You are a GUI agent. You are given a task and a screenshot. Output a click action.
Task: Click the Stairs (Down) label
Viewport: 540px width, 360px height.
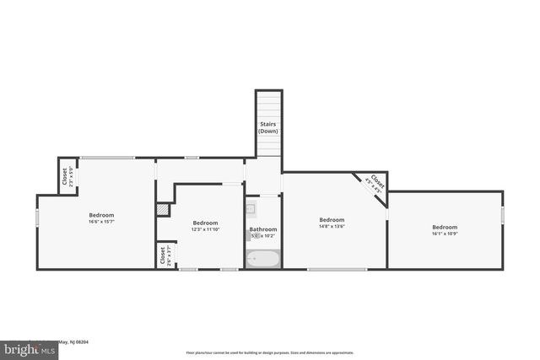(x=267, y=127)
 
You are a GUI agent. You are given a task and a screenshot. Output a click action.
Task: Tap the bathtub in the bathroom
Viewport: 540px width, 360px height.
(x=262, y=259)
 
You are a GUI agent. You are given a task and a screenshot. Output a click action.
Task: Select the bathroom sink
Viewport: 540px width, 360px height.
(x=251, y=208)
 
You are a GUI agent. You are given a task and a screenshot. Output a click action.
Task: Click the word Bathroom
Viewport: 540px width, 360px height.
(x=262, y=228)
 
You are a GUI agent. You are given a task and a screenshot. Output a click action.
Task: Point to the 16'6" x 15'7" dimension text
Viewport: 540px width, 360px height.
(x=101, y=222)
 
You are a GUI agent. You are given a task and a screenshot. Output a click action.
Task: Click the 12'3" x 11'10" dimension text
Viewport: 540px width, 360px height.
(x=206, y=229)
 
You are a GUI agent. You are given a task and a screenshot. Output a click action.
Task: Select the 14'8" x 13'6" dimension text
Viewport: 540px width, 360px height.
(x=332, y=227)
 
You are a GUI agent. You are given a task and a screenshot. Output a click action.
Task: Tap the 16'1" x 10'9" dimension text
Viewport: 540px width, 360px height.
(x=445, y=234)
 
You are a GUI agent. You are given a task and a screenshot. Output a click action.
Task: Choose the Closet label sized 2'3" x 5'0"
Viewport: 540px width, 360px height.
(x=65, y=176)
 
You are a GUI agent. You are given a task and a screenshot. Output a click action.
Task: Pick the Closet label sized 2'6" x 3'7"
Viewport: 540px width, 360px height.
(x=161, y=255)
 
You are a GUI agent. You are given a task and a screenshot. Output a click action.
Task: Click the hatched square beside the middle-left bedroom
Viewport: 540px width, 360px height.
(x=162, y=210)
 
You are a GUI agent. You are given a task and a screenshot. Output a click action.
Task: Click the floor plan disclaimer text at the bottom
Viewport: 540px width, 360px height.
(x=270, y=352)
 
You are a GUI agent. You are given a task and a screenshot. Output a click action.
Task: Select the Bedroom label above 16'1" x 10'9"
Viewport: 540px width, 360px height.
(x=445, y=227)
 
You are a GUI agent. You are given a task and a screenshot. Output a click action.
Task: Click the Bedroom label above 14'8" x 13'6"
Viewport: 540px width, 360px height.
(x=332, y=220)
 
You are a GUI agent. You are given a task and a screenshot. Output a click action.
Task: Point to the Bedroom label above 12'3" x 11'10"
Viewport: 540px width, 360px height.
(x=206, y=223)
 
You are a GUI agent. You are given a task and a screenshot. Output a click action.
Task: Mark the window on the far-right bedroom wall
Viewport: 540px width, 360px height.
(x=502, y=216)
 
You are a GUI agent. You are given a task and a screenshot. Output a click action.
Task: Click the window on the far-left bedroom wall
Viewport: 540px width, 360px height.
(x=36, y=218)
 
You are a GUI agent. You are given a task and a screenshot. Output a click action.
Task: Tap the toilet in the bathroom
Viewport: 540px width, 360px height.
(x=252, y=236)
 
